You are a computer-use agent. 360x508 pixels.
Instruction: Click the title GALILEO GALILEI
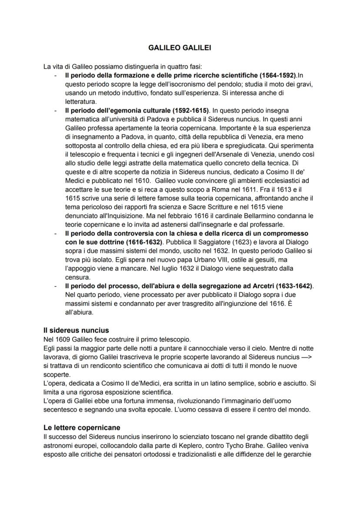(180, 48)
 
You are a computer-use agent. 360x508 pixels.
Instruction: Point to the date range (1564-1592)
(272, 75)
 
